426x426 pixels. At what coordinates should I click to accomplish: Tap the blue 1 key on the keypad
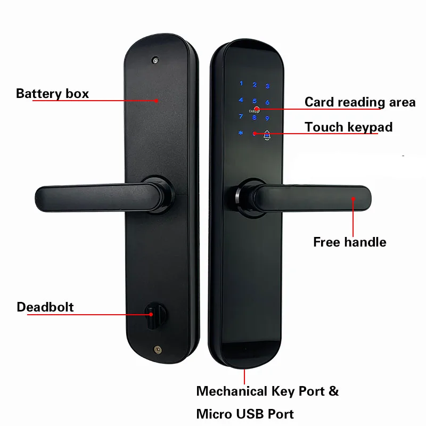241,84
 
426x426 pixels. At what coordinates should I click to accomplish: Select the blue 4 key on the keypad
241,100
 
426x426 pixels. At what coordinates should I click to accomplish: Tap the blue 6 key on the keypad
267,102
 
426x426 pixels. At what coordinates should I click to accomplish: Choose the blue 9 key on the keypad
267,119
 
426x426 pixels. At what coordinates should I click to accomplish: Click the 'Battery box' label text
52,94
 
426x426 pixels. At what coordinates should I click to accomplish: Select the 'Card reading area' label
359,102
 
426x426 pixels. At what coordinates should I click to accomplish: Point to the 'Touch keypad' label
348,127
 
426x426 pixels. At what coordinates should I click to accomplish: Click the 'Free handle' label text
349,242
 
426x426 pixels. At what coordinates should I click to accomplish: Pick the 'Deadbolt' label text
45,307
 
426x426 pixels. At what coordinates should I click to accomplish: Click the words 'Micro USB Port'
245,414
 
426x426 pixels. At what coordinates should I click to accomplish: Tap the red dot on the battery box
157,99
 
